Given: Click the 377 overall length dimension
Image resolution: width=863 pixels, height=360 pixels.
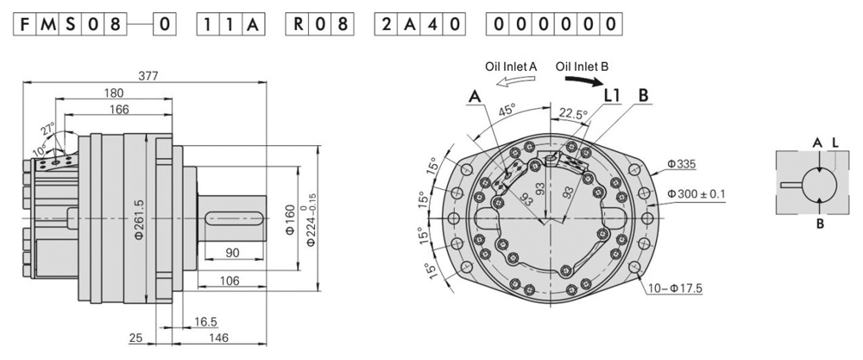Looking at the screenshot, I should (148, 75).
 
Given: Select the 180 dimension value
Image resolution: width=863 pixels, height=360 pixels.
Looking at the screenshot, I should (112, 93).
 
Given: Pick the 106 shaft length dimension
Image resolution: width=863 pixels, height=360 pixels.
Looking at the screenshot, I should (229, 279).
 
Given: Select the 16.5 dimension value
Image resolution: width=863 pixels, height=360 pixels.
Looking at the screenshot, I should (205, 320).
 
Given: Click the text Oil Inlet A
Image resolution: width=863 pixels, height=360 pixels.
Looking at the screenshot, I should (511, 66).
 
